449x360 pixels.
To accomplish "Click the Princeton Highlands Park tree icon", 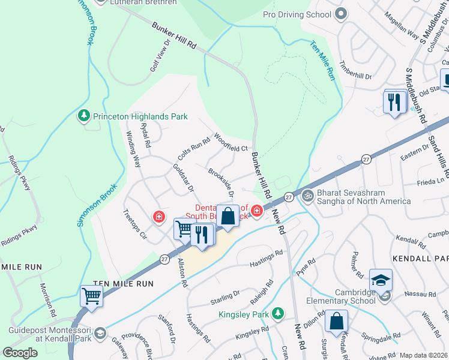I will (85, 116).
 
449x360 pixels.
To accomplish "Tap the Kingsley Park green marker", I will (277, 313).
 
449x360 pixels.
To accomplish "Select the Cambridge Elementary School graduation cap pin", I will (381, 280).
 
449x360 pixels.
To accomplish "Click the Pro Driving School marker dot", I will (341, 13).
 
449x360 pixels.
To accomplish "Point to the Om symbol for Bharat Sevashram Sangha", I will (308, 195).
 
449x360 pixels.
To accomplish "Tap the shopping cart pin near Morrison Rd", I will (91, 295).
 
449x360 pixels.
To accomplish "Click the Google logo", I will (20, 352).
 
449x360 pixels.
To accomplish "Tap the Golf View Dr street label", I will (161, 56).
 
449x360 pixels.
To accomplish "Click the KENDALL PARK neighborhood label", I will (420, 258).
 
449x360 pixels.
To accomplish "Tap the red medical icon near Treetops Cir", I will (159, 217).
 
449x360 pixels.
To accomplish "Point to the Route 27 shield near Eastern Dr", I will (366, 158).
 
